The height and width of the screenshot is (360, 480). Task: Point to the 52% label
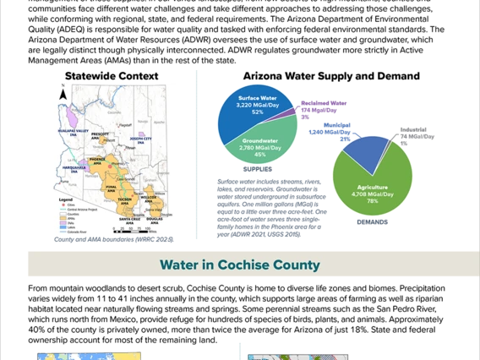[257, 112]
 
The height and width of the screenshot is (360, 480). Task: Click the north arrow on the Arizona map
[63, 96]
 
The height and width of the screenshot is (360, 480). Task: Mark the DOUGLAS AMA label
[154, 219]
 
